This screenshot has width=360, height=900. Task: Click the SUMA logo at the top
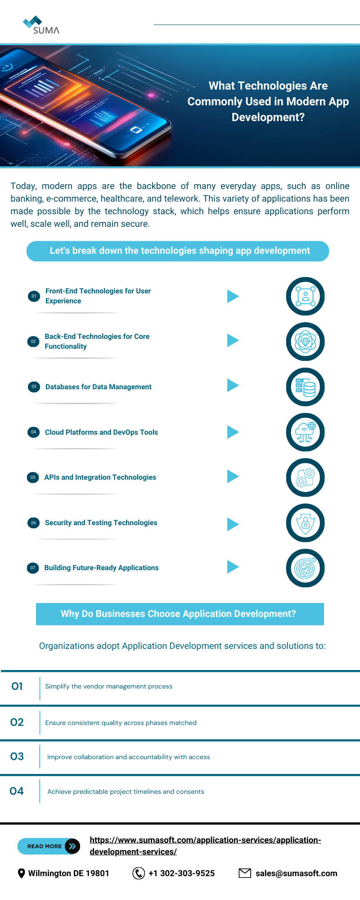[41, 26]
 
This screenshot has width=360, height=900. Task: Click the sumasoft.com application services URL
[205, 846]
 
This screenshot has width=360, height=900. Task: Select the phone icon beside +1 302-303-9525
[139, 873]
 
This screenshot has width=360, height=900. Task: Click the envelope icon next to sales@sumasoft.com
[245, 873]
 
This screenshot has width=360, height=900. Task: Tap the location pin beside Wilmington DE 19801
[21, 873]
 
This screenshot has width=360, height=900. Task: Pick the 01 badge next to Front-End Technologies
[34, 296]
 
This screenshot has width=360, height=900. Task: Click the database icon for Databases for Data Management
[305, 387]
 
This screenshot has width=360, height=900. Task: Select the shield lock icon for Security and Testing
[305, 523]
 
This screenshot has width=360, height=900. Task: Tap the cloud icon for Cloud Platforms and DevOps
[305, 432]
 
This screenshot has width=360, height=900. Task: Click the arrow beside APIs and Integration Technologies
[233, 477]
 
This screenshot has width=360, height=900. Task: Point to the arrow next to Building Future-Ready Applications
[233, 567]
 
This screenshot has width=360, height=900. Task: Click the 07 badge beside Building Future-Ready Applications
[33, 568]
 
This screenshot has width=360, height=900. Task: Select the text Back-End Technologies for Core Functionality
[97, 341]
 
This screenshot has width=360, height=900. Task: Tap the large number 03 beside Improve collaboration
[17, 756]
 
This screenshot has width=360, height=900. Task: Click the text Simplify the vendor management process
[109, 686]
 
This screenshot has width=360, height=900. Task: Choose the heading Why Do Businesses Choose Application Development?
[179, 614]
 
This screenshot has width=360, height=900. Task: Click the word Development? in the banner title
[268, 117]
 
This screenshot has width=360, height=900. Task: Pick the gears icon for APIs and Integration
[305, 477]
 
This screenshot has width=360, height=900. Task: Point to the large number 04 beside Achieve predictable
[17, 791]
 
